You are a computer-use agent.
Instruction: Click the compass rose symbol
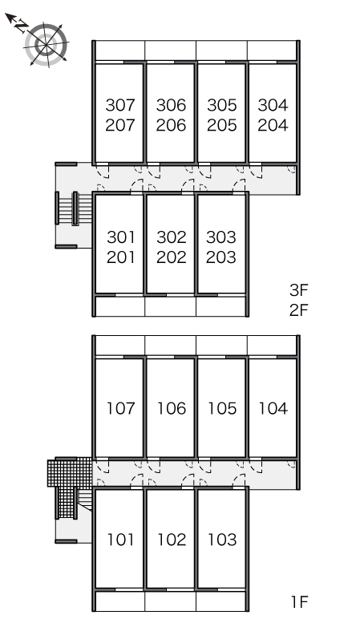(x=47, y=44)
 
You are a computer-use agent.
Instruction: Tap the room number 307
(x=120, y=105)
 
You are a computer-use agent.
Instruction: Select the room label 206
(x=171, y=126)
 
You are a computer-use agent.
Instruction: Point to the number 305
(x=222, y=105)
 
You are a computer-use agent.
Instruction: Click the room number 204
(x=273, y=126)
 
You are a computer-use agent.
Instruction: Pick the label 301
(x=121, y=237)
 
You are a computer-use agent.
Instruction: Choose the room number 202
(x=172, y=258)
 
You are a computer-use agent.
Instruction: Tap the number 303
(x=221, y=237)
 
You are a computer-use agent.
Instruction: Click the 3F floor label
(x=298, y=290)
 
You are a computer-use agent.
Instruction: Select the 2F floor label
(x=298, y=310)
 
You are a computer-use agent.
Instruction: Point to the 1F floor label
(x=299, y=602)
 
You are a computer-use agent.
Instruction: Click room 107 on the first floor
(x=121, y=409)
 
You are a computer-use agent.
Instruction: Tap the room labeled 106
(x=172, y=409)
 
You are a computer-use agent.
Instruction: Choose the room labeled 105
(x=222, y=409)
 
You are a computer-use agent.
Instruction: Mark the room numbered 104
(x=273, y=409)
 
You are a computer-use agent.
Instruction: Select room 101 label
(x=121, y=540)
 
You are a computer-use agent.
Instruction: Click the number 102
(x=172, y=540)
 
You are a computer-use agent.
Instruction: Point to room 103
(x=222, y=540)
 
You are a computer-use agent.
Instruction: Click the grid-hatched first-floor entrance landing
(x=70, y=472)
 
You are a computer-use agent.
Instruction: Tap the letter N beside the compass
(x=21, y=27)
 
